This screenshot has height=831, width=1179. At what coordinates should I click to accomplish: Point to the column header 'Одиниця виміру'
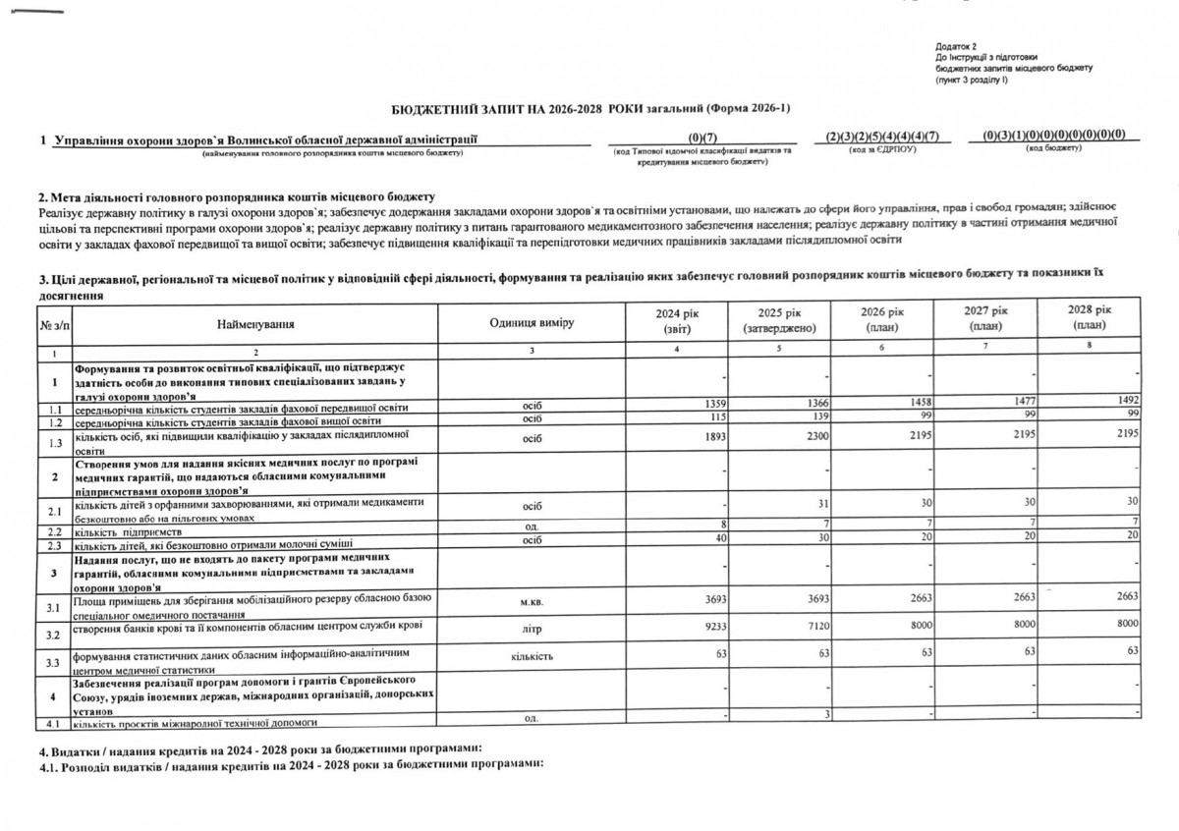[x=531, y=322]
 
